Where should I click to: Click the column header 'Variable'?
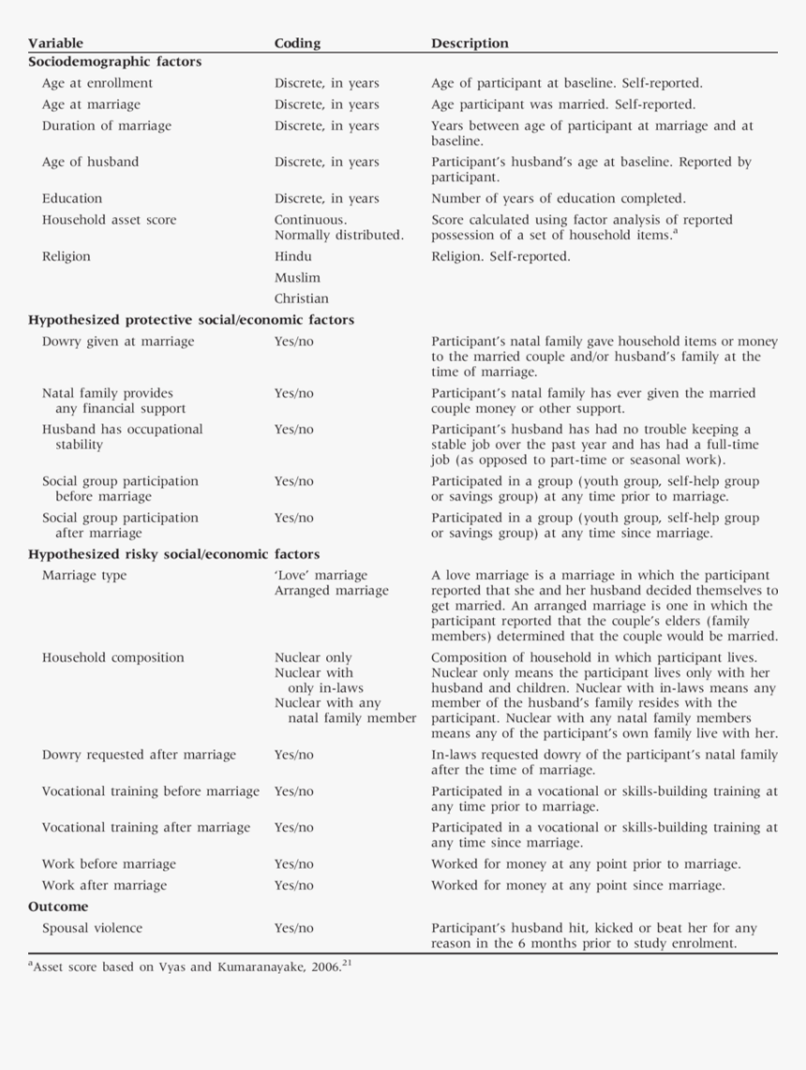(55, 43)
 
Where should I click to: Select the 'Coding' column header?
(297, 43)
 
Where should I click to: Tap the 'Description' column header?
(470, 43)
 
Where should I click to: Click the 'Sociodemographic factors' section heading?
(114, 62)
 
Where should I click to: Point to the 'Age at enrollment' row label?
(97, 83)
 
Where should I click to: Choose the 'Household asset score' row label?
(109, 220)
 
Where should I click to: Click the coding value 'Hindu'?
(293, 257)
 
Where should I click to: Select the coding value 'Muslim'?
(297, 278)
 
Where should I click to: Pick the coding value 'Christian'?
(301, 300)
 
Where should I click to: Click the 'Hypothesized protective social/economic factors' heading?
(191, 320)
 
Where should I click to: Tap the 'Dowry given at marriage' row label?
(118, 342)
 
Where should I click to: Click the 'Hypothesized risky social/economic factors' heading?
(173, 555)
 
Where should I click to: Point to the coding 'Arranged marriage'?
(331, 591)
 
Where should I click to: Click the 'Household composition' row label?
(112, 658)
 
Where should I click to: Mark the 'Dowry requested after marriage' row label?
(139, 755)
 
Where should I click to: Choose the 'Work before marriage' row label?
(109, 864)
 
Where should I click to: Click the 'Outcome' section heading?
(58, 907)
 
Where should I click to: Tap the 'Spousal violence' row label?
(92, 929)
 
